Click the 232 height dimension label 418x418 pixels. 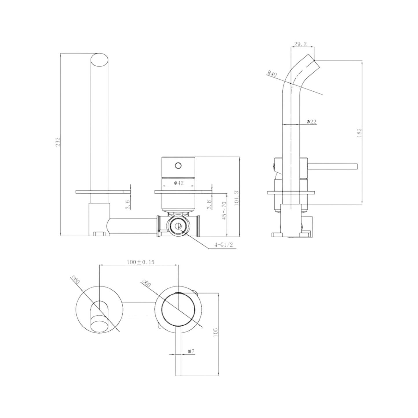(x=58, y=142)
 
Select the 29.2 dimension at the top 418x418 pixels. (x=300, y=44)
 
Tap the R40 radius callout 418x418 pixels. (x=272, y=74)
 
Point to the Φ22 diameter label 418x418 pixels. (x=311, y=122)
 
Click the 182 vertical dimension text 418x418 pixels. (x=359, y=133)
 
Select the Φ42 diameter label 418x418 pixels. (x=178, y=183)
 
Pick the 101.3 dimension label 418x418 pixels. (x=237, y=198)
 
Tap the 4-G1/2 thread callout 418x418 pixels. (x=224, y=245)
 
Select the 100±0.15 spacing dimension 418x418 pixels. (x=141, y=262)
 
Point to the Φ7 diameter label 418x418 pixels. (x=191, y=351)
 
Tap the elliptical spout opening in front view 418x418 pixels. (x=100, y=60)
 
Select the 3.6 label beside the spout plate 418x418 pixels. (x=128, y=204)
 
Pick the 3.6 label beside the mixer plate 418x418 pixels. (x=209, y=204)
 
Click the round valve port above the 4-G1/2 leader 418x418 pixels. (x=178, y=226)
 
